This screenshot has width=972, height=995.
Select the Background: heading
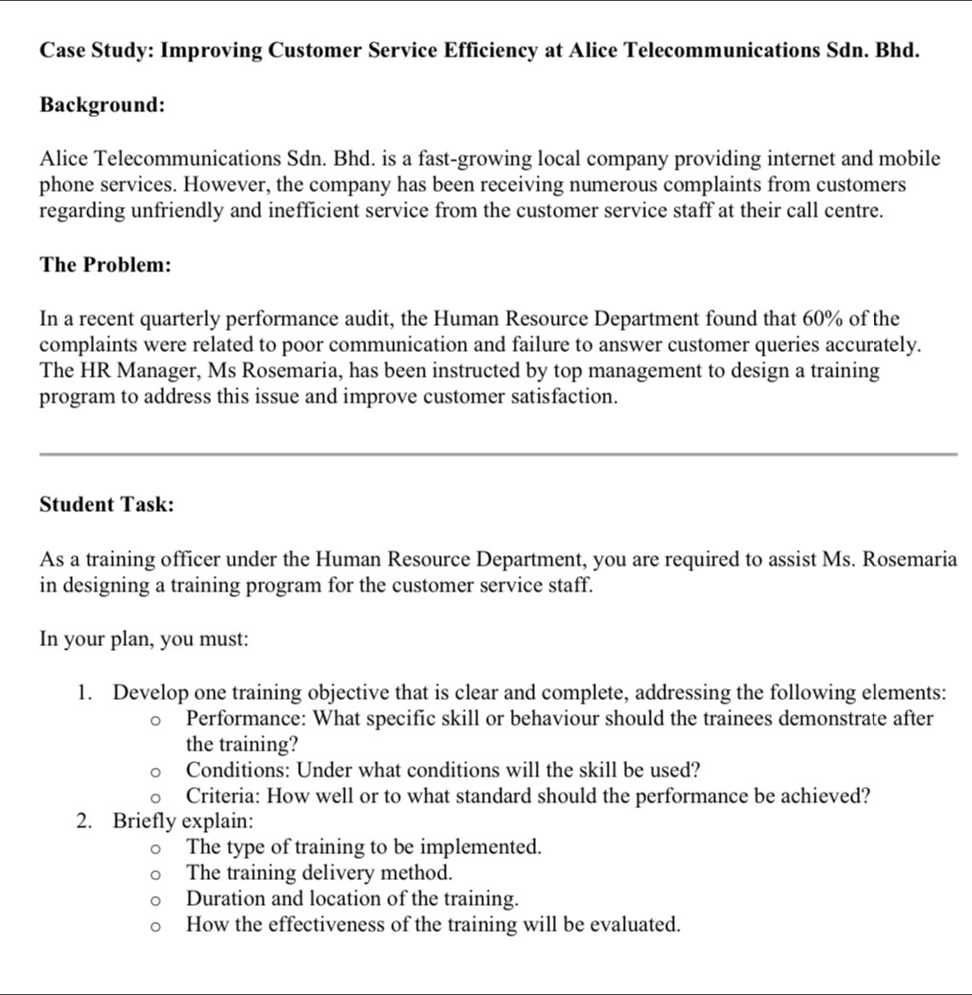(x=102, y=105)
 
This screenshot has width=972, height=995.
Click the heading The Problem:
(x=105, y=266)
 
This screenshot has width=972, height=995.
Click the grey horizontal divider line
(x=498, y=453)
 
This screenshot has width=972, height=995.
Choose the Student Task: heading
(x=106, y=505)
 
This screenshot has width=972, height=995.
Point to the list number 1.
(x=84, y=692)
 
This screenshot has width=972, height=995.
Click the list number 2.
(x=84, y=821)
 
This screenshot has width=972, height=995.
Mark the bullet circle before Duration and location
(x=152, y=900)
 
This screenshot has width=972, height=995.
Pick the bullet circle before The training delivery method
(x=152, y=874)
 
